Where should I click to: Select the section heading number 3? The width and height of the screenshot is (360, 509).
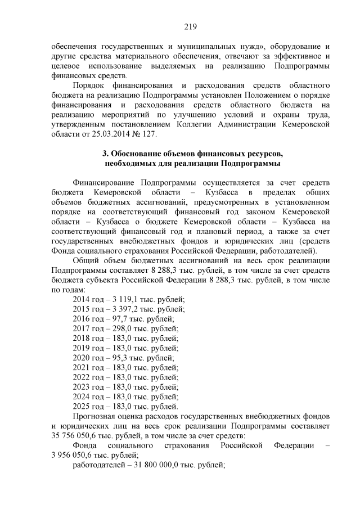point(105,154)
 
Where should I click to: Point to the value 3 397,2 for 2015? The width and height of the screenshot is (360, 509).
point(119,309)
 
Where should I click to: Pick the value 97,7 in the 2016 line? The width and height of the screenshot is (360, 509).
point(114,318)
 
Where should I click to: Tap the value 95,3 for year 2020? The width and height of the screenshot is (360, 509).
point(114,358)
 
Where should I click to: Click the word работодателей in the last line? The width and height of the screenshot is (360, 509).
point(98,465)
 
